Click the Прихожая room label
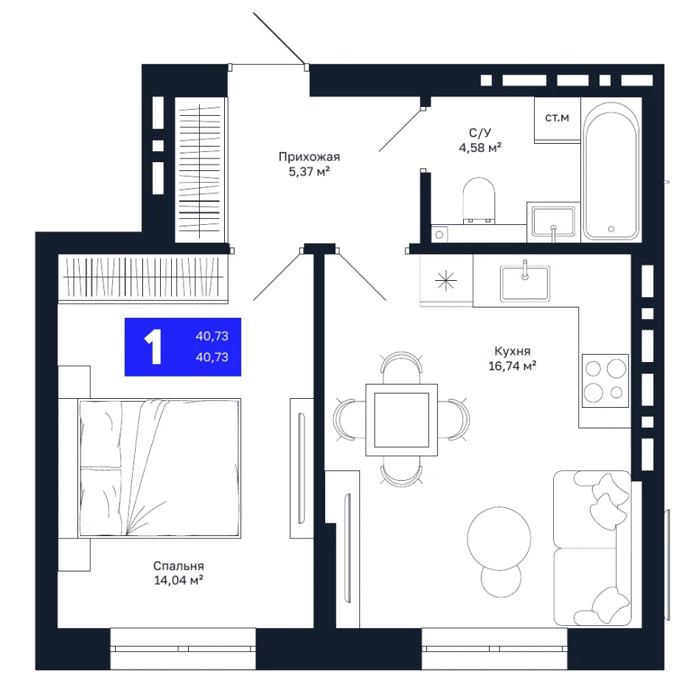coord(309,156)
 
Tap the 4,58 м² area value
coord(480,147)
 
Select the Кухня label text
coord(513,351)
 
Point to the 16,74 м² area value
coord(513,366)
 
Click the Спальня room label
coord(178,566)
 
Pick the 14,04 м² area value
coord(178,580)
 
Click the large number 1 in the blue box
coord(153,347)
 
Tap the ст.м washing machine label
coord(557,118)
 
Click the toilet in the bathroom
coord(479,201)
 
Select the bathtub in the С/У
coord(611,171)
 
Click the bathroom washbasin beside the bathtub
coord(553,222)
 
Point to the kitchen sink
coord(525,283)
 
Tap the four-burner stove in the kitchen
coord(605,380)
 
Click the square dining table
coord(401,420)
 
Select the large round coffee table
coord(499,538)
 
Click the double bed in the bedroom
coord(159,468)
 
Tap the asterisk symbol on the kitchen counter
coord(446,281)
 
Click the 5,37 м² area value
coord(309,171)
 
